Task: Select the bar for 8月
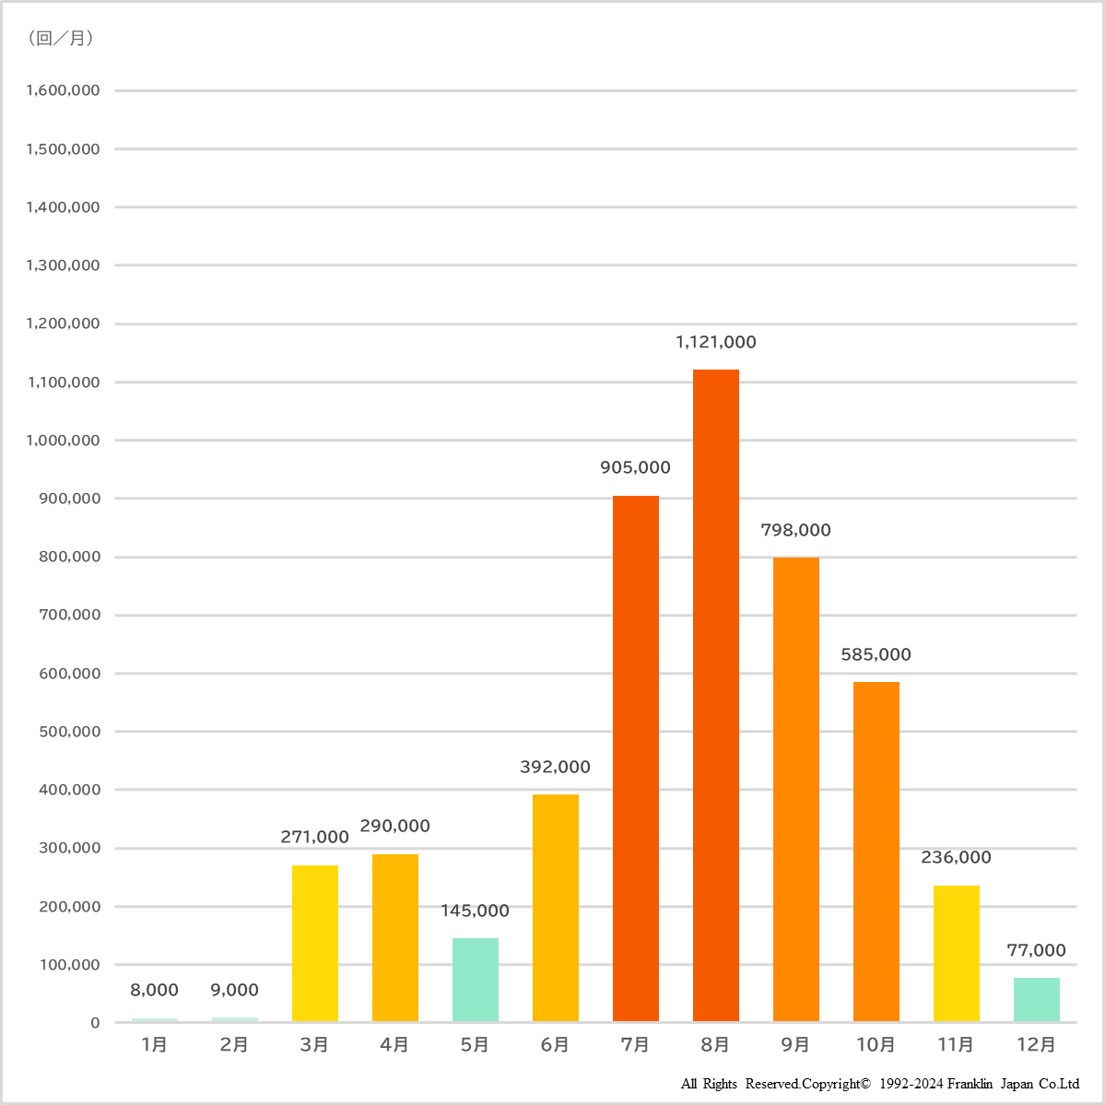(715, 695)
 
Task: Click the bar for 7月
(635, 758)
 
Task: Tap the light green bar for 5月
(475, 979)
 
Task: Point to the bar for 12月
(1036, 999)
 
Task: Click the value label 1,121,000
(715, 342)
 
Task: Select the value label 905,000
(635, 467)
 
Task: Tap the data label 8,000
(154, 990)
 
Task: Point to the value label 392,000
(555, 767)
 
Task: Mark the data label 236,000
(956, 857)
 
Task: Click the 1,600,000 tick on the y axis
(63, 90)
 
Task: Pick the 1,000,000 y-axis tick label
(63, 441)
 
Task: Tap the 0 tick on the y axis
(95, 1023)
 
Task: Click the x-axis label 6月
(555, 1044)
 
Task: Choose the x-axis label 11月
(956, 1044)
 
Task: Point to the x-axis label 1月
(154, 1044)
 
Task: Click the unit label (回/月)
(61, 38)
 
